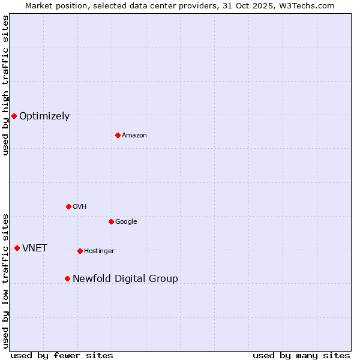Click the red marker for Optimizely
(14, 116)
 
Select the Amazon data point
(118, 135)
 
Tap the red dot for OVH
(68, 206)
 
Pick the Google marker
(111, 221)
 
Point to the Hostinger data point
(80, 251)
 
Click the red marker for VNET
(17, 248)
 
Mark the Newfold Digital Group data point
(67, 278)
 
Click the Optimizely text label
(44, 116)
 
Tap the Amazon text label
(134, 136)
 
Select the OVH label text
(80, 207)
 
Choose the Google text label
(126, 222)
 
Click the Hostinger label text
(99, 251)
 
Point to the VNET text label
(35, 248)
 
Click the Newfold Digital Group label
(125, 279)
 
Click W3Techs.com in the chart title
(308, 5)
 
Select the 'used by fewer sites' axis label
(62, 355)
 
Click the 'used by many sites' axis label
(301, 355)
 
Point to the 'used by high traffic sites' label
(5, 85)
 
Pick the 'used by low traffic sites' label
(5, 281)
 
